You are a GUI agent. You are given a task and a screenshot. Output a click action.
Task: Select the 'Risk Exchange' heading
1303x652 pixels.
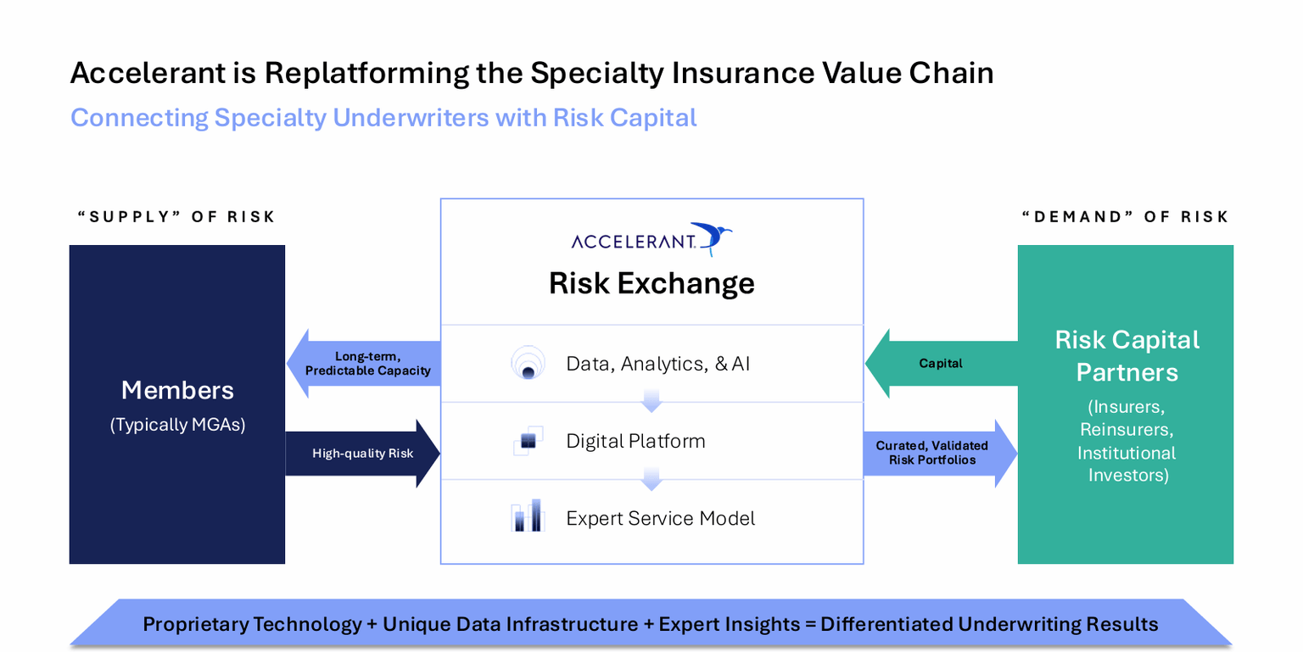pos(651,283)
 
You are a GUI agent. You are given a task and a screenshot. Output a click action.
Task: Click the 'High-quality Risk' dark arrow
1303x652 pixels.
pos(363,454)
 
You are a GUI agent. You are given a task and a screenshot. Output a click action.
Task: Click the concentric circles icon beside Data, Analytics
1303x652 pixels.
pos(527,363)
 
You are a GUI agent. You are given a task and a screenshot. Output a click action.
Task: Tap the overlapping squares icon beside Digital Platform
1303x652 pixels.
pos(527,441)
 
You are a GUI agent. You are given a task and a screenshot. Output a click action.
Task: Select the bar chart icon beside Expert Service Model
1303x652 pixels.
pos(527,516)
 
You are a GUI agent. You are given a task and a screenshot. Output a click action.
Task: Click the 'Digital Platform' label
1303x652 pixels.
pos(635,441)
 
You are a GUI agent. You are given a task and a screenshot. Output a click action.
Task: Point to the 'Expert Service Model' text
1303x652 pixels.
pos(660,518)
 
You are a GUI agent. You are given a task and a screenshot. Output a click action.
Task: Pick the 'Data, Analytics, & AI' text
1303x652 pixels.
pos(657,364)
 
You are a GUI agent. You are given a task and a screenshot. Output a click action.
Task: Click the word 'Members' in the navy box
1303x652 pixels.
pos(177,390)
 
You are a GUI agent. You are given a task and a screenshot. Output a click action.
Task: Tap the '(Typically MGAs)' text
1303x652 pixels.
pos(177,425)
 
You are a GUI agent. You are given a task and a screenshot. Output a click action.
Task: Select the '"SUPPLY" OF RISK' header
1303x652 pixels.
pos(176,217)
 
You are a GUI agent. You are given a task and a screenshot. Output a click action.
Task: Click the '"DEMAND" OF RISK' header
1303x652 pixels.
pos(1125,217)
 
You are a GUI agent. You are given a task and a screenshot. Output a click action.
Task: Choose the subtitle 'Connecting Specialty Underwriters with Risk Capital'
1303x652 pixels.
pos(383,117)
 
